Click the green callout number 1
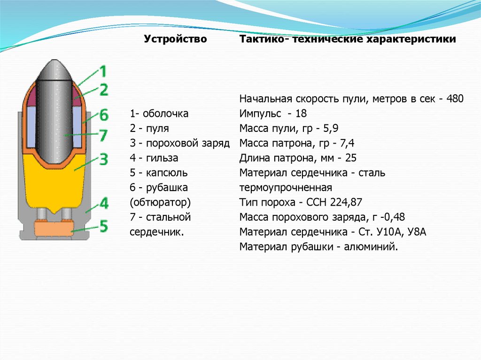[x=103, y=72]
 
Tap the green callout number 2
[x=103, y=90]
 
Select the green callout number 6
[x=104, y=115]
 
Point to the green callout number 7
[x=103, y=136]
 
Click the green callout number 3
[x=103, y=159]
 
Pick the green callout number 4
[x=103, y=204]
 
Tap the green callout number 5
[x=103, y=227]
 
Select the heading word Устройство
[x=175, y=39]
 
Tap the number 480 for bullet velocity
[x=454, y=99]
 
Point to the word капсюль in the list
[x=164, y=173]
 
